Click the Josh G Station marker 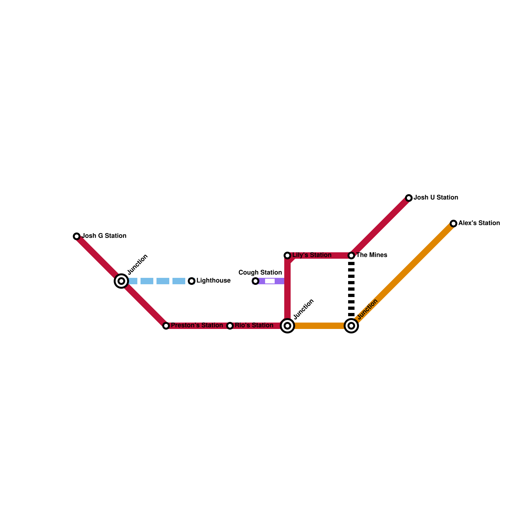(77, 236)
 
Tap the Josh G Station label (104, 236)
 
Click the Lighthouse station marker (192, 281)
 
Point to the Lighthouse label (213, 281)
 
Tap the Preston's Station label (197, 325)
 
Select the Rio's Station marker (230, 326)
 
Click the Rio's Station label (254, 325)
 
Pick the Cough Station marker (256, 281)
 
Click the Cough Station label (260, 273)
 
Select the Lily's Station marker (287, 256)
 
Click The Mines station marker (351, 256)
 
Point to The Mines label (371, 255)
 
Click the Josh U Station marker (409, 198)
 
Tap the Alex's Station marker (454, 224)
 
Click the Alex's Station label (479, 223)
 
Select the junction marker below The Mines (351, 326)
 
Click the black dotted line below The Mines (351, 289)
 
